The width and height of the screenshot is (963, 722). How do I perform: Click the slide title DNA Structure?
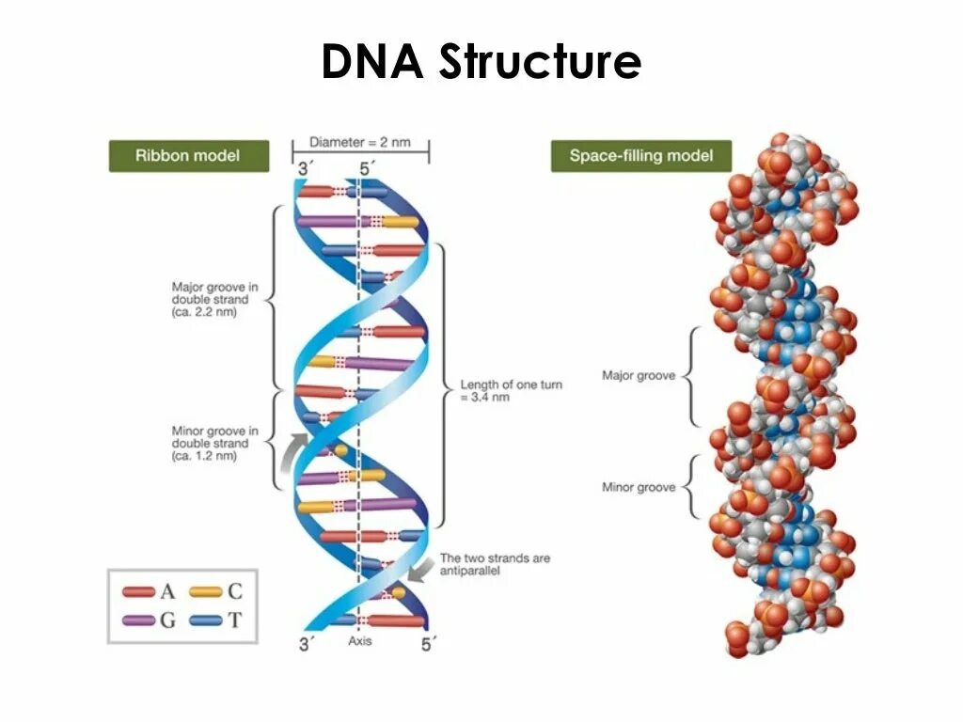[481, 63]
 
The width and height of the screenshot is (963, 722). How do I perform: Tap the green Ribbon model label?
[188, 155]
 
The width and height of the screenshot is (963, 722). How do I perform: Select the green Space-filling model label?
[640, 155]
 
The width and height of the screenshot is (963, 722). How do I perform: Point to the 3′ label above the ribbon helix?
[304, 169]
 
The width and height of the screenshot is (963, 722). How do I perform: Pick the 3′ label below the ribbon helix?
[306, 644]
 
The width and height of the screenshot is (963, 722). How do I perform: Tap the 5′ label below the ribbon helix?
[429, 644]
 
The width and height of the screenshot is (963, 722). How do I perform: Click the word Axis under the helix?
[360, 641]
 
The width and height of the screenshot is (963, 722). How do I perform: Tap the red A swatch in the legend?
[139, 592]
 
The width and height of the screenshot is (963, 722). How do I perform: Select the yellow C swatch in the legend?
[206, 592]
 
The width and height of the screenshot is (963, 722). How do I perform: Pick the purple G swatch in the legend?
[139, 620]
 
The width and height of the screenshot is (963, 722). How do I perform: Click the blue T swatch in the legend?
[206, 620]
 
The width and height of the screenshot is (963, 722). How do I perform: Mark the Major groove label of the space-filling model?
[639, 376]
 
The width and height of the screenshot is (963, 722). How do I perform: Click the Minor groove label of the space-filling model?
[639, 487]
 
